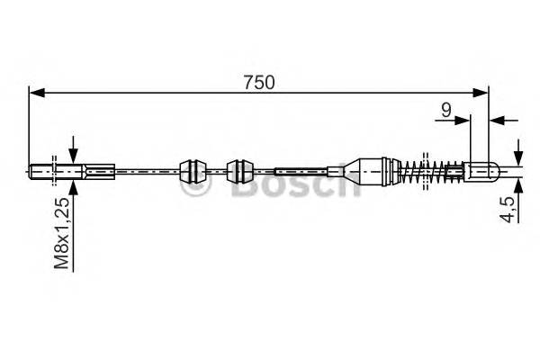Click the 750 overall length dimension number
pyautogui.click(x=258, y=81)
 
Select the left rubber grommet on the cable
pyautogui.click(x=192, y=169)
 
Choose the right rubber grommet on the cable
pyautogui.click(x=239, y=169)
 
